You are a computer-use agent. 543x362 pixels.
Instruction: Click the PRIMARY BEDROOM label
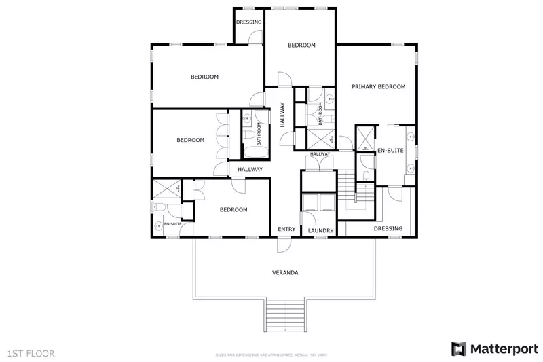click(378, 87)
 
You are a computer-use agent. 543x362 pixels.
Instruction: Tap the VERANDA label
click(285, 272)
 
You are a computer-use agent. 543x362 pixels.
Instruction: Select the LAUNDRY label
click(320, 231)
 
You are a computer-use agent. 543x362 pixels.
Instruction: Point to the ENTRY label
click(286, 230)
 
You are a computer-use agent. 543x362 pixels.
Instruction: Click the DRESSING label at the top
click(248, 22)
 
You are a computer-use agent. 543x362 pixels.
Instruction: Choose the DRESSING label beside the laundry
click(388, 229)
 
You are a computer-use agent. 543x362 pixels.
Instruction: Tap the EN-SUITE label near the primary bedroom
click(390, 149)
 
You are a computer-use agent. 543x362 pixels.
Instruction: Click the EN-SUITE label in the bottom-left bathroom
click(172, 223)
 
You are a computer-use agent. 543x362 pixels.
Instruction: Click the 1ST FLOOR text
click(31, 353)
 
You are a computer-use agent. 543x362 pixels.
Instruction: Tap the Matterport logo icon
click(459, 348)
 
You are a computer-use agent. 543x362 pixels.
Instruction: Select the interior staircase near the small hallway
click(347, 184)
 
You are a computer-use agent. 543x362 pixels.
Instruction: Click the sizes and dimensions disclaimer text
click(271, 355)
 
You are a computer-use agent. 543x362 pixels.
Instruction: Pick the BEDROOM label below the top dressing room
click(301, 46)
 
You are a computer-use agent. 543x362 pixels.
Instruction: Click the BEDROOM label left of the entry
click(233, 210)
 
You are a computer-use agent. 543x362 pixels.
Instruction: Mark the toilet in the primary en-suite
click(365, 176)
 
